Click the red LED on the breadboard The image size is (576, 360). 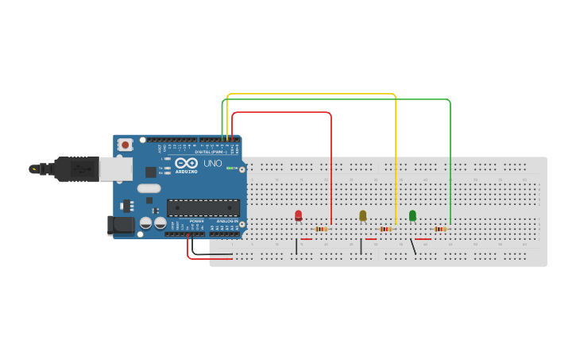[298, 215]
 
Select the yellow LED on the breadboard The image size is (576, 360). [363, 215]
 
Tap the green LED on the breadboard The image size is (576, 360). [412, 215]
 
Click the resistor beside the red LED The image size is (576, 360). [321, 229]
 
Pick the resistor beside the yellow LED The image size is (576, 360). [385, 229]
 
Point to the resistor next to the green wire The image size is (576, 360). [439, 229]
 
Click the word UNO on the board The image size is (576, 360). [213, 164]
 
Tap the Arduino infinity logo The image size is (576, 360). [186, 162]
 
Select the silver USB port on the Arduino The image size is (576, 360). [115, 168]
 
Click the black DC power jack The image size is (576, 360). [121, 225]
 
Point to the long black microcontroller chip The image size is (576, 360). [203, 208]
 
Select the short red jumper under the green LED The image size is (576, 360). [423, 238]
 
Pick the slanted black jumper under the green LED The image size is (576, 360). [412, 246]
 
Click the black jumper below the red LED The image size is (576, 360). [296, 246]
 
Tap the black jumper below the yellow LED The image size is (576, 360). [361, 246]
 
